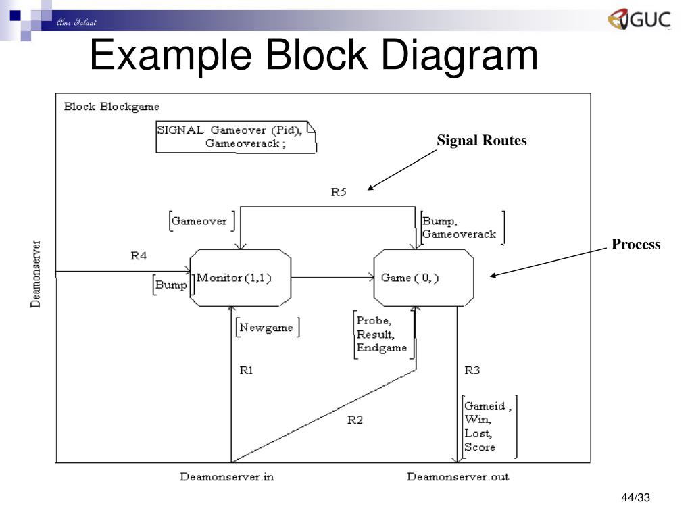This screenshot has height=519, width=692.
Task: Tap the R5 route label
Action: pyautogui.click(x=339, y=192)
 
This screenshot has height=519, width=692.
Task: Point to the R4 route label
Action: pyautogui.click(x=139, y=256)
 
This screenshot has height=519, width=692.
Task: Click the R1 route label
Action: pyautogui.click(x=247, y=370)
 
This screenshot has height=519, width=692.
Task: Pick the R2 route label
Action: pyautogui.click(x=355, y=420)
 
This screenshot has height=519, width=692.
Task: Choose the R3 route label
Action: pyautogui.click(x=472, y=370)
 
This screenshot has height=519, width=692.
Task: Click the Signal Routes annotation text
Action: pyautogui.click(x=481, y=141)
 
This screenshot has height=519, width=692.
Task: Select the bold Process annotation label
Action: pyautogui.click(x=636, y=245)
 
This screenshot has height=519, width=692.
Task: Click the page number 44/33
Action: pyautogui.click(x=635, y=499)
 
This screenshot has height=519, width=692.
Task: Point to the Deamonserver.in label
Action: pyautogui.click(x=227, y=477)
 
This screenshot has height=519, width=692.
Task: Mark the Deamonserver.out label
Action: pyautogui.click(x=458, y=477)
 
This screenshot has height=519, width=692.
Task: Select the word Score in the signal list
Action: pyautogui.click(x=480, y=447)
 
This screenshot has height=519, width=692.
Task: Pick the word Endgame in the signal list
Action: pyautogui.click(x=382, y=348)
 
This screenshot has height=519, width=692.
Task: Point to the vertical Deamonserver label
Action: pyautogui.click(x=36, y=274)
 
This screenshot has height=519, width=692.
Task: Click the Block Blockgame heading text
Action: pyautogui.click(x=112, y=107)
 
